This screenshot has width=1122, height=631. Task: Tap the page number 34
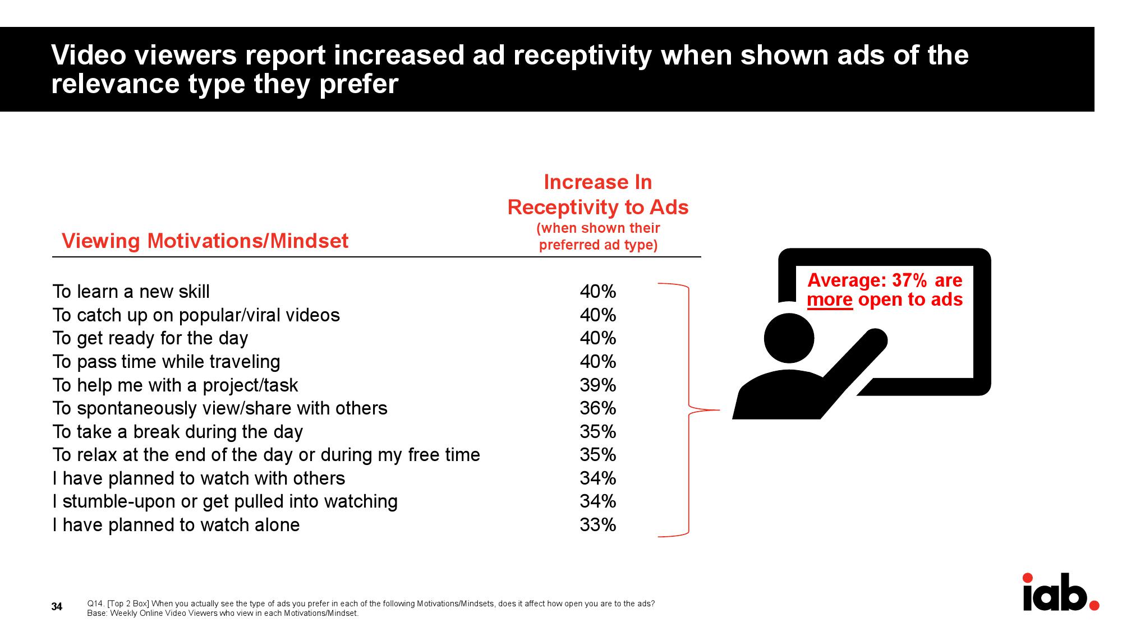(57, 606)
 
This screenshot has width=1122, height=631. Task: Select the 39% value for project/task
(598, 385)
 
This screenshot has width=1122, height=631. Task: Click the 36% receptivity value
(598, 408)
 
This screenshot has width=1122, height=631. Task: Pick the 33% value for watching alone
(598, 524)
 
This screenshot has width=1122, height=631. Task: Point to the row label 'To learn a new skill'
(131, 292)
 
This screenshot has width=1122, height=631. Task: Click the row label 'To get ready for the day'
(150, 338)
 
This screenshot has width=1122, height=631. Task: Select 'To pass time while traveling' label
(166, 362)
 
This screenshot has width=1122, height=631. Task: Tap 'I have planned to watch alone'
(176, 525)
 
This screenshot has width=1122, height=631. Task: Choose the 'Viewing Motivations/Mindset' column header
(205, 241)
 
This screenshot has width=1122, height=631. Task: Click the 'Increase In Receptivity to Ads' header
(598, 195)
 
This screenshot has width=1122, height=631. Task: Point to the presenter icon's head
(789, 338)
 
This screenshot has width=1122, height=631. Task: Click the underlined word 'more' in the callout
(830, 300)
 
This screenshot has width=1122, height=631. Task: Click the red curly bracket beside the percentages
(688, 410)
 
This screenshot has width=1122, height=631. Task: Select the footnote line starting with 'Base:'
(223, 613)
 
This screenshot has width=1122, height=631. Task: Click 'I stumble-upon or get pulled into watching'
(225, 501)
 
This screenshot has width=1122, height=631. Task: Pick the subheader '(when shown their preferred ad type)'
(598, 237)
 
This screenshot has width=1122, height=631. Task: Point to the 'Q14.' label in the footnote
(95, 604)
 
